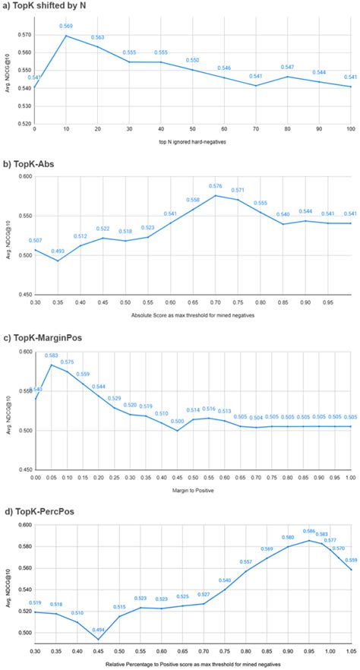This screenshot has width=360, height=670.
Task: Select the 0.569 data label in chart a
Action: click(68, 27)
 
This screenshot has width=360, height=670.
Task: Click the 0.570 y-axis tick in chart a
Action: click(24, 35)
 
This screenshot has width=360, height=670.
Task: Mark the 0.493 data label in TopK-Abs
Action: click(58, 251)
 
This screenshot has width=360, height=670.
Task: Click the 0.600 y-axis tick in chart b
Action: click(24, 176)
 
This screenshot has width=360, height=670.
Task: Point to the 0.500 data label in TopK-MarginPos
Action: click(177, 422)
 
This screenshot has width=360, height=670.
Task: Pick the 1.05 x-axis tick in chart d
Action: click(351, 652)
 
